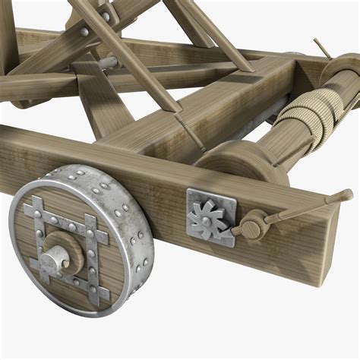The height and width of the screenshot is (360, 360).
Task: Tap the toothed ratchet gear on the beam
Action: point(206,216)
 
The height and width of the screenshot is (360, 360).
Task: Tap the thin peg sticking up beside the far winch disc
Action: point(322,49)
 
